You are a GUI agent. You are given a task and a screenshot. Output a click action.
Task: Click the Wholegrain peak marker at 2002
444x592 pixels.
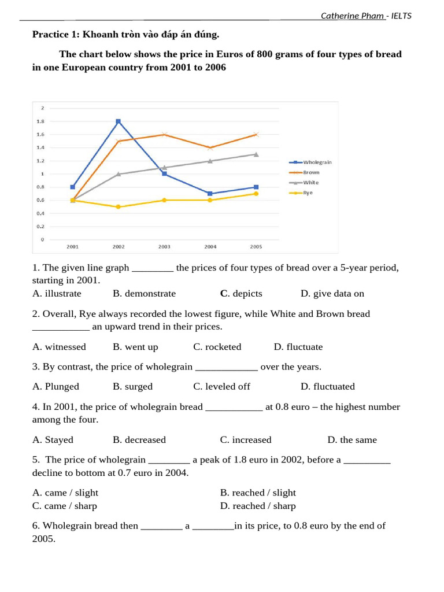pos(119,121)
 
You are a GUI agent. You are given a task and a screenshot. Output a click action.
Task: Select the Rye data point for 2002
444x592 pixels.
pos(119,206)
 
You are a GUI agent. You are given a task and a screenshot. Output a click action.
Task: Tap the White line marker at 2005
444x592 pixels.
pos(256,154)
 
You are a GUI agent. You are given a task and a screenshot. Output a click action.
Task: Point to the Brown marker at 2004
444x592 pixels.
pos(210,147)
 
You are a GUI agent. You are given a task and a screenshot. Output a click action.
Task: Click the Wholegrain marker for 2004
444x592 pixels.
pos(210,194)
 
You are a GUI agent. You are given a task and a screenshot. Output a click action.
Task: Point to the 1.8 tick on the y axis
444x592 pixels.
pos(40,121)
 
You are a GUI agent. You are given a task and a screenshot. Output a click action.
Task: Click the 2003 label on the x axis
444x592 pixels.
pos(164,247)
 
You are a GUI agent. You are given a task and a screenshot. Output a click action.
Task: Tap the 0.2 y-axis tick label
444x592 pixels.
pos(40,226)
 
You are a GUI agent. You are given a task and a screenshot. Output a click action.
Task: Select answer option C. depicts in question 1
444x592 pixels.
pos(241,294)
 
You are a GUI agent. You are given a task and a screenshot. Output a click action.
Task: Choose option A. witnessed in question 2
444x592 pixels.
pos(59,347)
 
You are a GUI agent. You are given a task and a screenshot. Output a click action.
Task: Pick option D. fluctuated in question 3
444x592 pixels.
pos(327,386)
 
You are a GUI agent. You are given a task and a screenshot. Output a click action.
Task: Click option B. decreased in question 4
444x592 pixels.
pos(139,440)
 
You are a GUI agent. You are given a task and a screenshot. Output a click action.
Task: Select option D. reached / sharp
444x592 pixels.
pos(257,506)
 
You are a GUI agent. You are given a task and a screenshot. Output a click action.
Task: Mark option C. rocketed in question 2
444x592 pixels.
pos(217,347)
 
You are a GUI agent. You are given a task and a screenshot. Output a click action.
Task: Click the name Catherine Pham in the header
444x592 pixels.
pos(352,16)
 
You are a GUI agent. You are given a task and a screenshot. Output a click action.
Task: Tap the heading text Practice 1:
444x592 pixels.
pos(56,35)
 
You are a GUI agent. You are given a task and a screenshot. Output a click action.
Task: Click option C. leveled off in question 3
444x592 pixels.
pos(221,386)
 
